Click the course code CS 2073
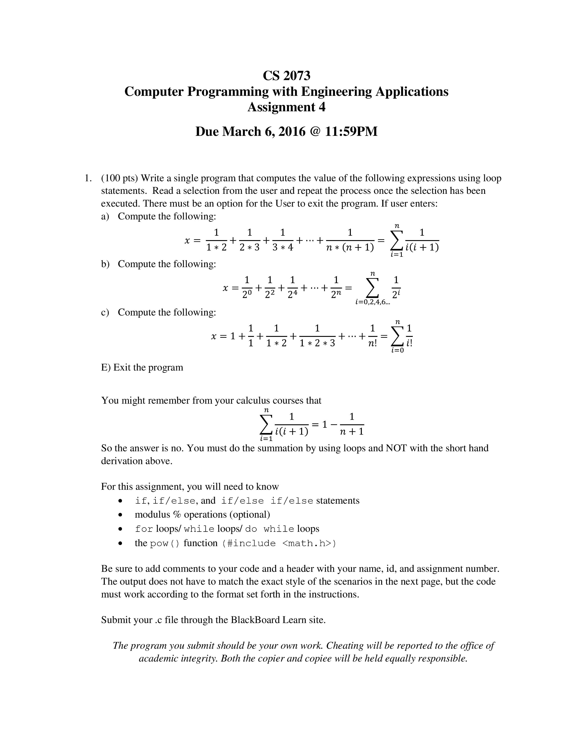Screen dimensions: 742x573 pos(286,75)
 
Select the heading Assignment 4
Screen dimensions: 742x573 pos(286,107)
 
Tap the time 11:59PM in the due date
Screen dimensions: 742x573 pos(351,131)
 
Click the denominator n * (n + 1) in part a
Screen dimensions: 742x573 pos(350,248)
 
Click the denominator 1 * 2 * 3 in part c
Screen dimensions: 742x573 pos(317,343)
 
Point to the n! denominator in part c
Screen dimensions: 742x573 pos(372,343)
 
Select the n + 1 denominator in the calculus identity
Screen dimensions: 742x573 pos(352,432)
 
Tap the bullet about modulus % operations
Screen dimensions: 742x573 pos(202,514)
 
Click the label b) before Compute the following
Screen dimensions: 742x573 pos(105,264)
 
